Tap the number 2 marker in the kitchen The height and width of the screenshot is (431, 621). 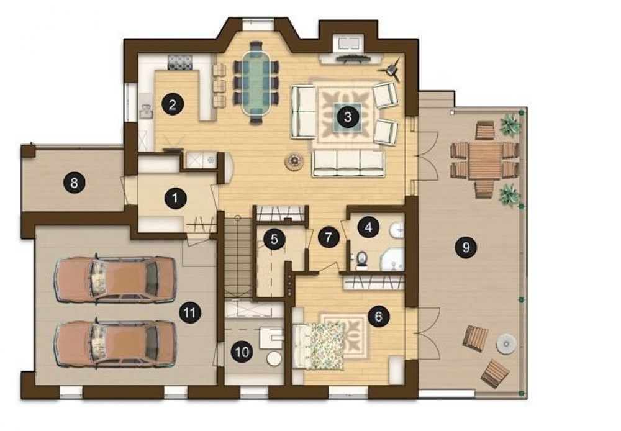coord(172,105)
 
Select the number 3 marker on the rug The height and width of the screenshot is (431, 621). coord(348,117)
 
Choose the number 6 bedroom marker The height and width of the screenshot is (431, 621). coord(378,317)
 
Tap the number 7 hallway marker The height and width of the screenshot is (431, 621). coord(329,237)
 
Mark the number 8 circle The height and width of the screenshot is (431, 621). coord(74,183)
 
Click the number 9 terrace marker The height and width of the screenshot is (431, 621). coord(466,247)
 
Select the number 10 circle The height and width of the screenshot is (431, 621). coord(242,352)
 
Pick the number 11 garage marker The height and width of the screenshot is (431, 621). coord(189,313)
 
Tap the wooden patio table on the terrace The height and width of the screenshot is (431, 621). coord(484,160)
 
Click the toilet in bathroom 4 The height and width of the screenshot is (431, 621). coord(361,260)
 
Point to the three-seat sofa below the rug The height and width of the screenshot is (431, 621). coord(348,163)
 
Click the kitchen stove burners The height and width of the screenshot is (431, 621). coord(180,62)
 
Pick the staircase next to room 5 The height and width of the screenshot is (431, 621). coord(238,258)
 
